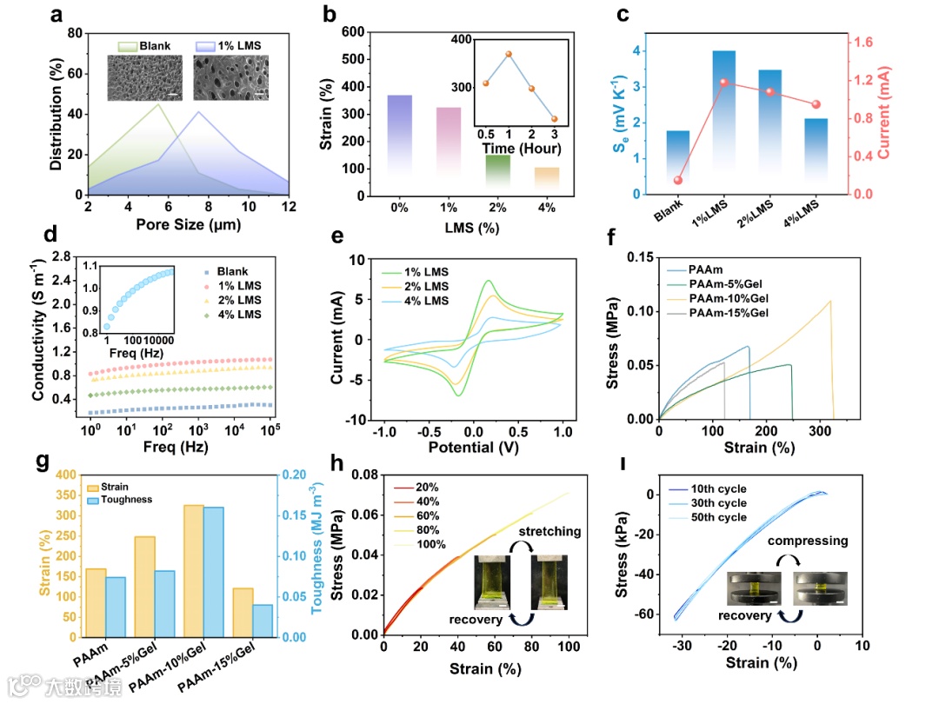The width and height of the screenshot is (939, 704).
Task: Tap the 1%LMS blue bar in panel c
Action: tap(723, 122)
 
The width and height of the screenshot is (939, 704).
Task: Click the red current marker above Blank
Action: tap(677, 181)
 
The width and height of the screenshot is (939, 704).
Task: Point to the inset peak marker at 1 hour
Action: tap(508, 54)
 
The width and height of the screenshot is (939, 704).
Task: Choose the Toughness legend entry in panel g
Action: tap(128, 500)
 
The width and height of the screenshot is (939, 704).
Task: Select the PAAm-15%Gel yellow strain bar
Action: tap(243, 613)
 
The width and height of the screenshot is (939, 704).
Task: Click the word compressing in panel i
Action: tap(807, 541)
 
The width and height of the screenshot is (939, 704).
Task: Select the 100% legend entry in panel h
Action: tap(432, 545)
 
